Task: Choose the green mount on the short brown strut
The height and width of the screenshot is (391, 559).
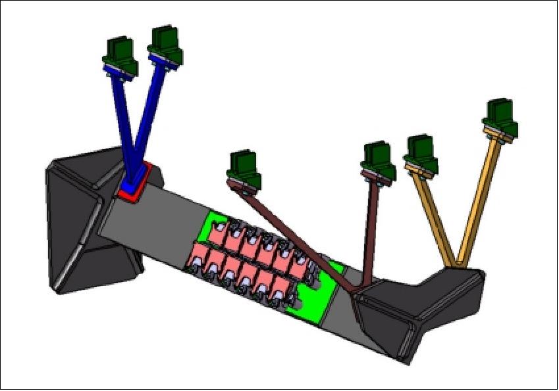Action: point(379,160)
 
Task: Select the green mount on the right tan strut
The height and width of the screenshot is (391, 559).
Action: point(500,118)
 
